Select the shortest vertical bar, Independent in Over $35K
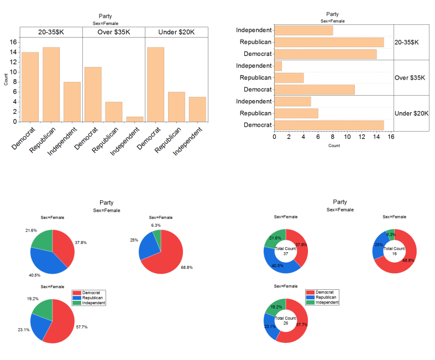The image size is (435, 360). pos(134,119)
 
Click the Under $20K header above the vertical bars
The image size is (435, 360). pos(176,32)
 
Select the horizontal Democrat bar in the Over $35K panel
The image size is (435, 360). pos(314,90)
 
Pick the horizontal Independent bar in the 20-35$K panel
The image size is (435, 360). pos(303,30)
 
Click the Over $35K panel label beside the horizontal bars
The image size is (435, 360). pos(410,78)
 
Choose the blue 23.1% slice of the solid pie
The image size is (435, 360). pos(40,326)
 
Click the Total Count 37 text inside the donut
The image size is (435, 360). pos(286,251)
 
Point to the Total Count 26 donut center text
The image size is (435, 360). pos(286,321)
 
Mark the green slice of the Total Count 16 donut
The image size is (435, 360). pos(391,233)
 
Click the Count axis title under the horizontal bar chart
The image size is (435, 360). pos(334,145)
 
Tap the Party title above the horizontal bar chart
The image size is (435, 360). pos(333,14)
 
